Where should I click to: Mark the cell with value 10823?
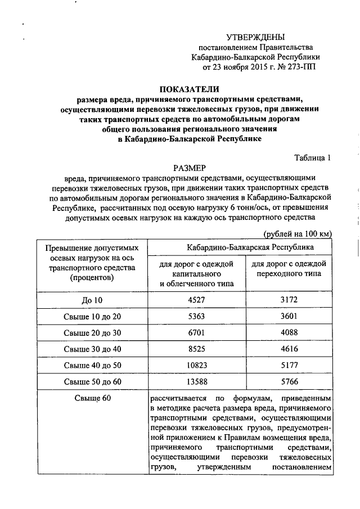point(197,365)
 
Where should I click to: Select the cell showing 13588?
point(197,381)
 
